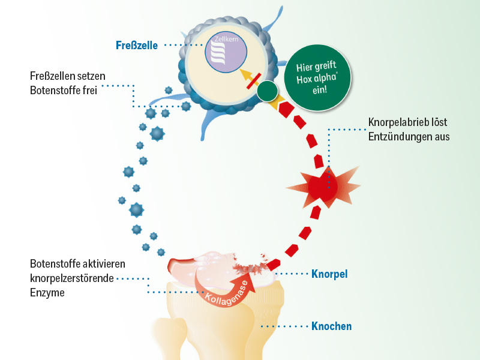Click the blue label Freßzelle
137,44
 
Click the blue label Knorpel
329,274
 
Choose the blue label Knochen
331,326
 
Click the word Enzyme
47,292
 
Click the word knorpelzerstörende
71,278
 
